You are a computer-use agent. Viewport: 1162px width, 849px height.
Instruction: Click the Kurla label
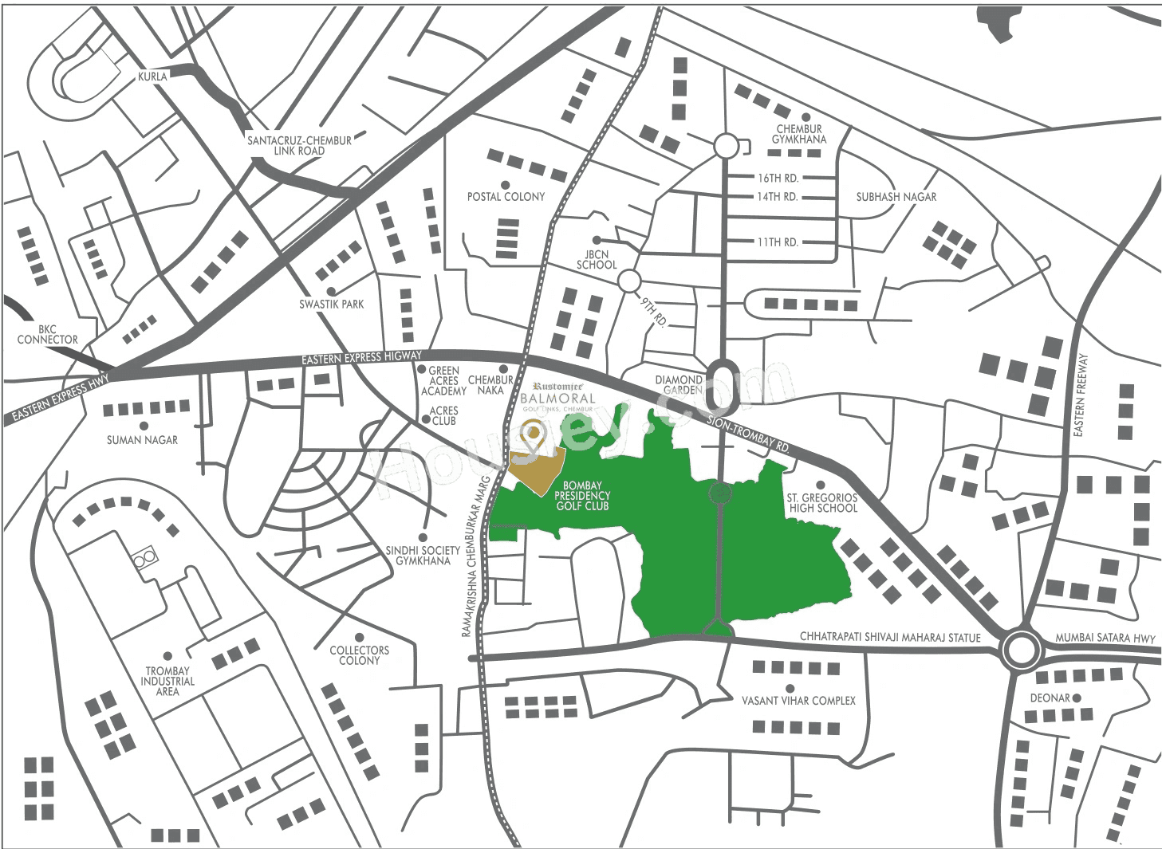coord(152,77)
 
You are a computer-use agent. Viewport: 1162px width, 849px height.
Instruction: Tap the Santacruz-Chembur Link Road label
coord(299,145)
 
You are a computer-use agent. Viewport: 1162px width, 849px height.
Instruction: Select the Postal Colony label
coord(506,196)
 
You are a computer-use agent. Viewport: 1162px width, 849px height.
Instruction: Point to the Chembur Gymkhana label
coord(799,134)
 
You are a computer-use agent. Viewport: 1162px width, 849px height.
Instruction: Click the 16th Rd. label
coord(778,178)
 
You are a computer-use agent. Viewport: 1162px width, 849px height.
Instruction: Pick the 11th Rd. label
coord(778,242)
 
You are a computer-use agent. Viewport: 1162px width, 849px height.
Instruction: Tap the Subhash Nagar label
coord(896,196)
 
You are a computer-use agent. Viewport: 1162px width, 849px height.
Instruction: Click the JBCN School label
coord(597,259)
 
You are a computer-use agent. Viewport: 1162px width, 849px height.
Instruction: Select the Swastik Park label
coord(331,304)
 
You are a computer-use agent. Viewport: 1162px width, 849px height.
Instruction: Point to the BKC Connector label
coord(48,334)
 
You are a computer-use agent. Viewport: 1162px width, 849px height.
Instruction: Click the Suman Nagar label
coord(142,439)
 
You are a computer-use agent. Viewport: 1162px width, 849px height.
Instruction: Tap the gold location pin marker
coord(532,434)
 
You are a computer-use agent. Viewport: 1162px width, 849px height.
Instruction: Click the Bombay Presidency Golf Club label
coord(582,495)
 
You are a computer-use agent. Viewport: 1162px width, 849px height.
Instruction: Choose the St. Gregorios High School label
coord(822,502)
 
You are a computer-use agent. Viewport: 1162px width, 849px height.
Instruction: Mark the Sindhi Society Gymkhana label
coord(423,555)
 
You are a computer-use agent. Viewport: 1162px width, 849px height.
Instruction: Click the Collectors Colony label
coord(359,655)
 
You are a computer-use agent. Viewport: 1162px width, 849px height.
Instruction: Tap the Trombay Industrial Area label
coord(167,681)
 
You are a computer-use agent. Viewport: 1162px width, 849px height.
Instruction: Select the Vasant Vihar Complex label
coord(798,700)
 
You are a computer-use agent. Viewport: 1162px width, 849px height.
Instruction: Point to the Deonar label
coord(1050,698)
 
